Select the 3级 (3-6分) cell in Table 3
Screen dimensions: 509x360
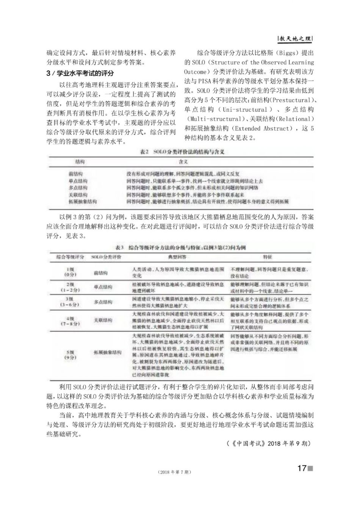tap(70, 302)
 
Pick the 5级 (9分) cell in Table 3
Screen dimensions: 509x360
tap(70, 355)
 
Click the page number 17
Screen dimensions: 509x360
tap(302, 469)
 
